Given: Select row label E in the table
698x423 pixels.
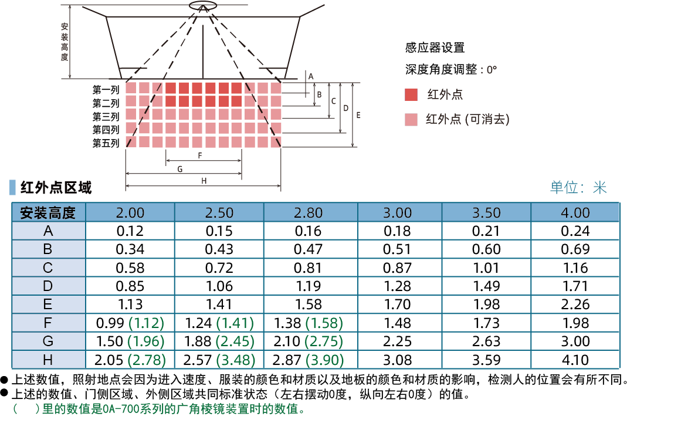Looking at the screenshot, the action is pos(48,304).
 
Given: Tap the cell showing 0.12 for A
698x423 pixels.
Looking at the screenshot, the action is pos(130,231).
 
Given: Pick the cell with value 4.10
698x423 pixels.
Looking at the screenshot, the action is pos(575,360).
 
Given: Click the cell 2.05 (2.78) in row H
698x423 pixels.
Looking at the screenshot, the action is pos(130,360).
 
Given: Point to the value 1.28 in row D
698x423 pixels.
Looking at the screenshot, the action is pos(398,286).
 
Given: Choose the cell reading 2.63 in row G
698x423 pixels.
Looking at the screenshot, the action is pos(486,341).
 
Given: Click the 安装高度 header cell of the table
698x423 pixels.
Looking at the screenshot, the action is pos(48,213).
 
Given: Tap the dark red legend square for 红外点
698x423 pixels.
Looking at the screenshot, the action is pos(411,95).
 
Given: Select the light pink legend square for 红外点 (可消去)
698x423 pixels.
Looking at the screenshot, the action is pos(411,120).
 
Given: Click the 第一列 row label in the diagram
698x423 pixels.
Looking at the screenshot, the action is pos(106,90).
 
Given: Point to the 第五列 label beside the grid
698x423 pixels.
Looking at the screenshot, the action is pos(106,143).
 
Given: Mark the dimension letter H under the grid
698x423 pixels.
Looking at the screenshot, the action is pos(204,181).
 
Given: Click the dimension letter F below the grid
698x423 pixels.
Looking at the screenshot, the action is pos(200,155).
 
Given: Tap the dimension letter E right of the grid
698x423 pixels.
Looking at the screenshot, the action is pos(358,116).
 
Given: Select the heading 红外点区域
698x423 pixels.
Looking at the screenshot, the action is pos(56,188).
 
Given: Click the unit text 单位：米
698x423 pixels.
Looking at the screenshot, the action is pos(578,188).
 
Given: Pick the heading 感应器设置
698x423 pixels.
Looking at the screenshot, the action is pos(435,48).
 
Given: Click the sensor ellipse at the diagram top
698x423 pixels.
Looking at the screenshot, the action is pos(203,6).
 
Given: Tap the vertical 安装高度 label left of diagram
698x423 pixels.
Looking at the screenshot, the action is pos(65,42).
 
